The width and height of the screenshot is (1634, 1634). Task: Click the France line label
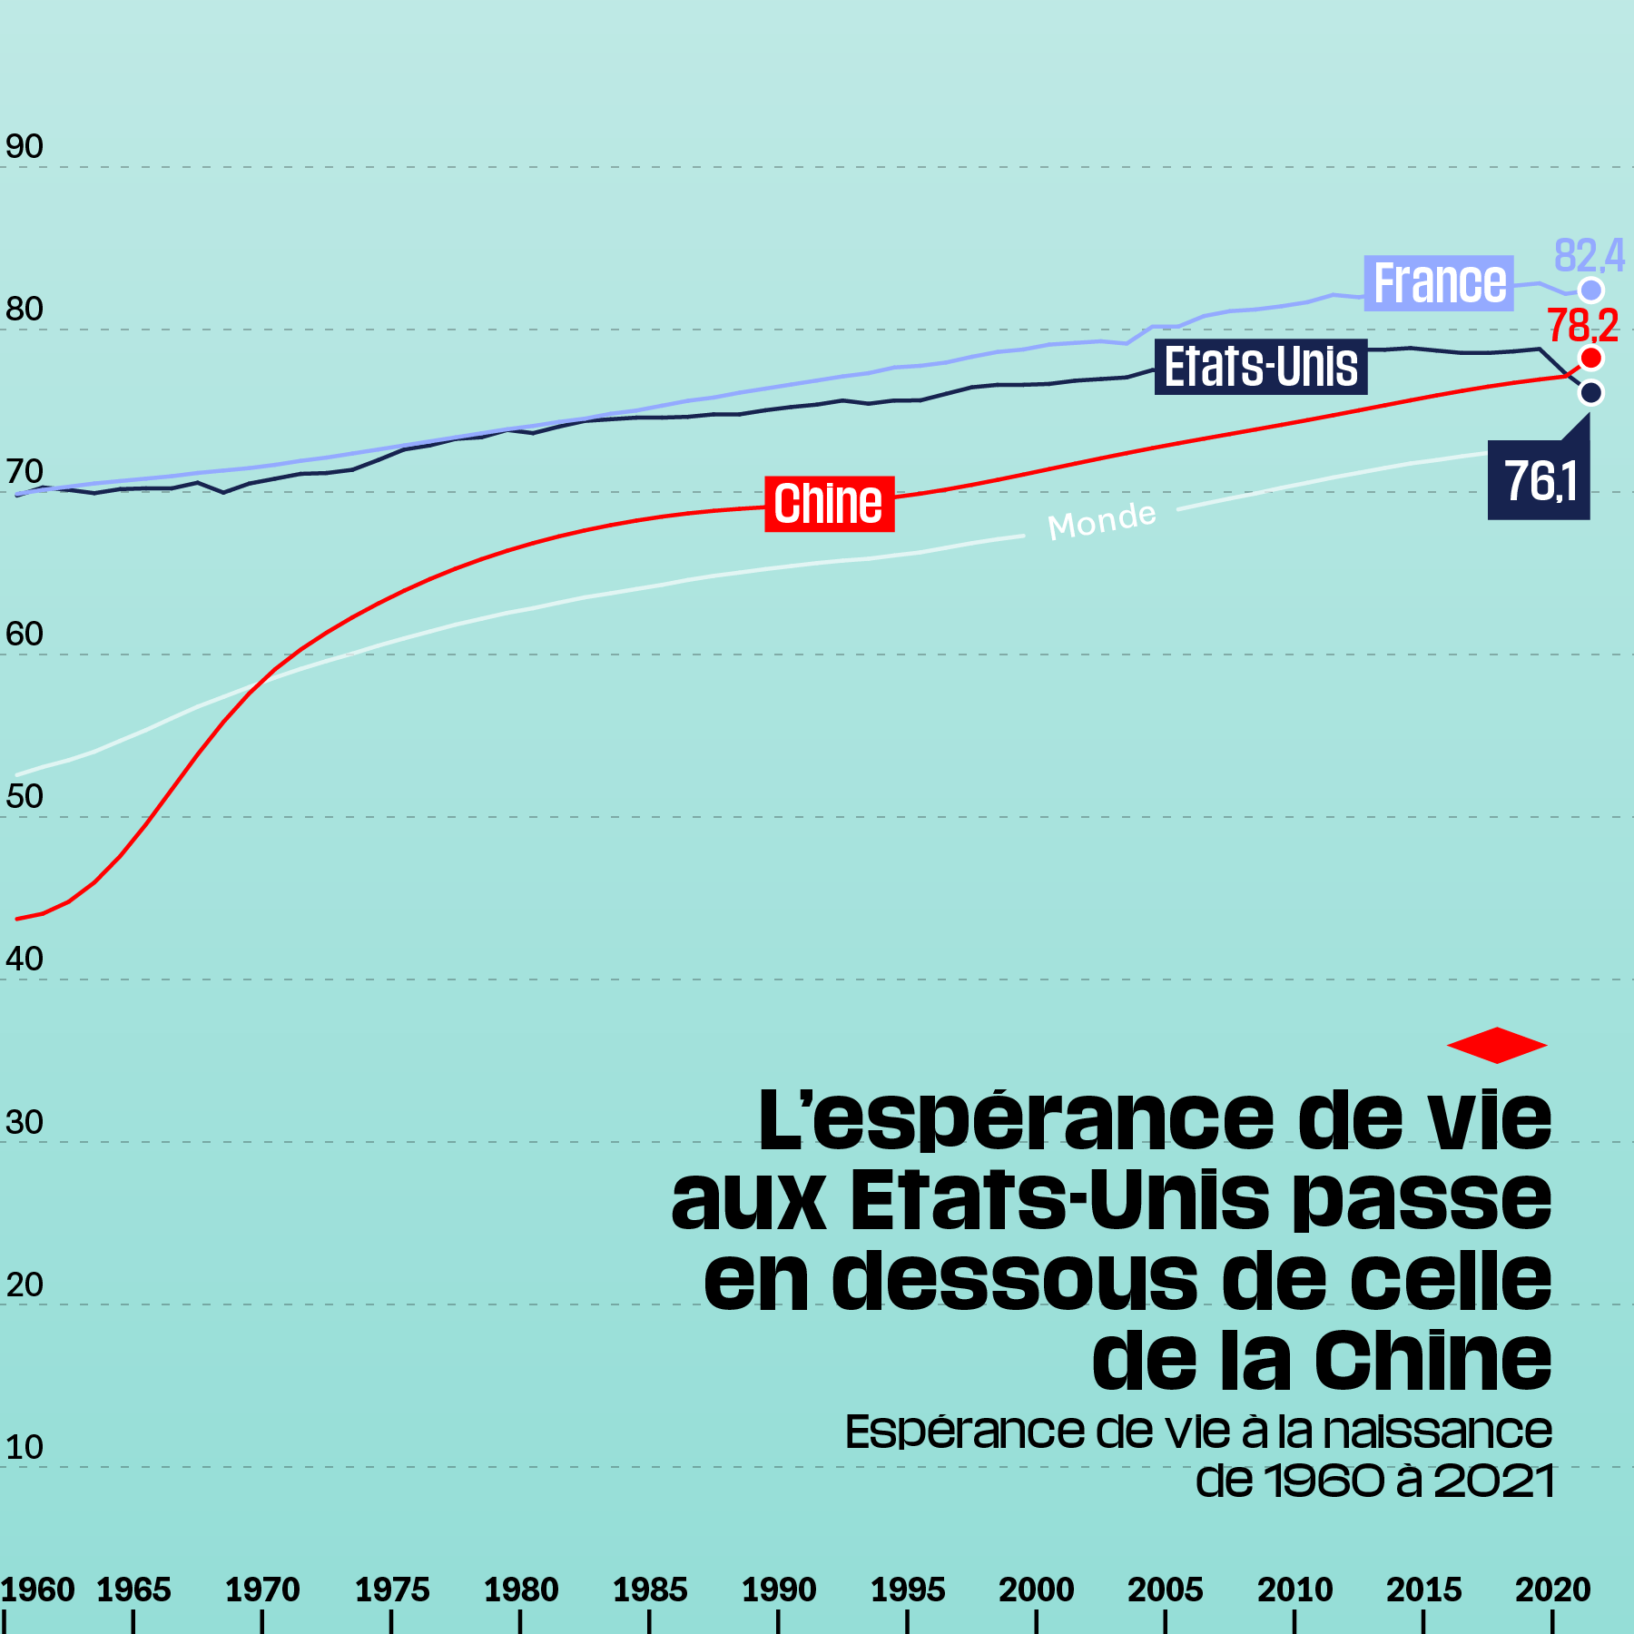[1439, 283]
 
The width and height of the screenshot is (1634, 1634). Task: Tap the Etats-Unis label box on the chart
[1261, 367]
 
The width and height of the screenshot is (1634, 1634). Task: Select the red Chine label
[829, 504]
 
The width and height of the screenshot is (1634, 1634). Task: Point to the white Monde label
[1102, 521]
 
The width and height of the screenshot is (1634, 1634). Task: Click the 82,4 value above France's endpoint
[1589, 255]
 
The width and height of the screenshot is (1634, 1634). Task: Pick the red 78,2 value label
[1583, 325]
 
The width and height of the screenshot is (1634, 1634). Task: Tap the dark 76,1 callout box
[1540, 481]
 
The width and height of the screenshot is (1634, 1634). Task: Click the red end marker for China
[1590, 358]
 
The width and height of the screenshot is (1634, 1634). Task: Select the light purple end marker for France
[1590, 290]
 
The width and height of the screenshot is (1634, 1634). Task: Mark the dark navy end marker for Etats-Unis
[1590, 392]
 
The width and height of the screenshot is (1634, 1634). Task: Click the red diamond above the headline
[1496, 1045]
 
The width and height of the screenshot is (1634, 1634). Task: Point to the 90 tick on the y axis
[25, 146]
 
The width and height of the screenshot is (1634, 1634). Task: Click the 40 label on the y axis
[25, 959]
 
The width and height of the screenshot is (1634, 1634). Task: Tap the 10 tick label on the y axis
[25, 1447]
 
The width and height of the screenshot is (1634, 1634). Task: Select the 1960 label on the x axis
[38, 1590]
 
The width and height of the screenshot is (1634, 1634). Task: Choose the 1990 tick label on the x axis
[779, 1590]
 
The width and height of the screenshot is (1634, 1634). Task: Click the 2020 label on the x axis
[1552, 1590]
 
